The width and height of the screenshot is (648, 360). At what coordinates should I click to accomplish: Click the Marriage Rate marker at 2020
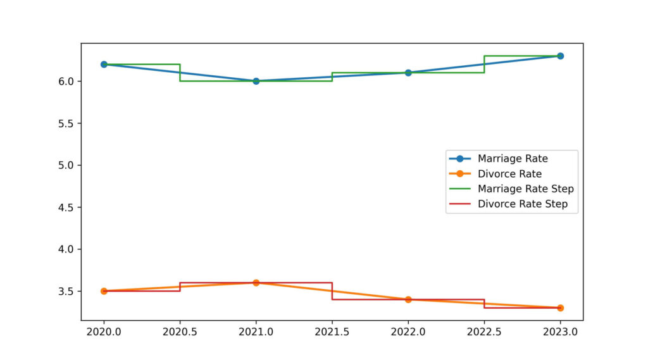[x=104, y=65]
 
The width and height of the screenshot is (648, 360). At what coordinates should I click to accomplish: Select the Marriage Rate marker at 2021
[x=256, y=81]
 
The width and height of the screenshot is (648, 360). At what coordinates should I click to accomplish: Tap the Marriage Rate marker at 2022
[x=408, y=73]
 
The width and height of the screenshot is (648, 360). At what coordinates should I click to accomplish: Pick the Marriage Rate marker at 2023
[x=560, y=56]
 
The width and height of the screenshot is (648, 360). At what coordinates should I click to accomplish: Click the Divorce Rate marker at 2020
[x=104, y=291]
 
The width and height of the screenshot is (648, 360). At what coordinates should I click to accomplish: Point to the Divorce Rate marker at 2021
[x=256, y=283]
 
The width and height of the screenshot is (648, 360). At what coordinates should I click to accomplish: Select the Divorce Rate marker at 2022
[x=408, y=299]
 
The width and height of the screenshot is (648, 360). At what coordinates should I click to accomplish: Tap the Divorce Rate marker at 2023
[x=560, y=307]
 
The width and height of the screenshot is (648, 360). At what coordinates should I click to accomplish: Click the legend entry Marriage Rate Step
[x=525, y=189]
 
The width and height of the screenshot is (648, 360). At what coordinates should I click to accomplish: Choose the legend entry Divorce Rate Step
[x=522, y=204]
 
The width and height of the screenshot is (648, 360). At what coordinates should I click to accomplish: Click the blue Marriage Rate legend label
[x=513, y=158]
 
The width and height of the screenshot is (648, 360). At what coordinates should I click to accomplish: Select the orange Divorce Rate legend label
[x=509, y=173]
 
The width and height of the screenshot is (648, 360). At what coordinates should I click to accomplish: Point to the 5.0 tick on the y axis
[x=67, y=165]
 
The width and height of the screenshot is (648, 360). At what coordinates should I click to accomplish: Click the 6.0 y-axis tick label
[x=67, y=81]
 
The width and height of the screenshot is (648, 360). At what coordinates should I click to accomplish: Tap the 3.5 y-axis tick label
[x=67, y=291]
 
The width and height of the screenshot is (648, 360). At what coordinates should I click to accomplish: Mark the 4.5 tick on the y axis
[x=67, y=207]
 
